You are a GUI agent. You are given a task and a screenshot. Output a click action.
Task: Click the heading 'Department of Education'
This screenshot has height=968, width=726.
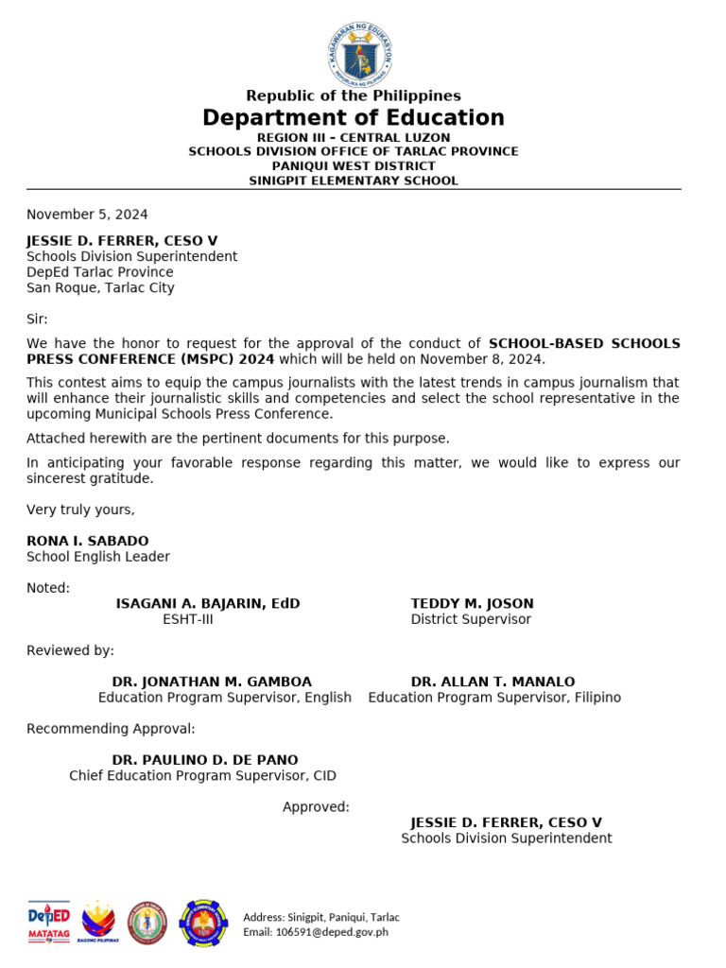[353, 118]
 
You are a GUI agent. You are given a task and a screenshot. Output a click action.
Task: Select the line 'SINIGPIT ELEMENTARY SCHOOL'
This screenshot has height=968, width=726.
[353, 181]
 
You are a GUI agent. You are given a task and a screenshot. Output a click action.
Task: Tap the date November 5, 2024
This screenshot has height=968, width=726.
[87, 215]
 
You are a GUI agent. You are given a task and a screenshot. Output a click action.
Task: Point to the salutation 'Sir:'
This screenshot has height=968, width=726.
[37, 319]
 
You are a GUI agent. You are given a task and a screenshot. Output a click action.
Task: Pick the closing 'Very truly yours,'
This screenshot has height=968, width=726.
[80, 510]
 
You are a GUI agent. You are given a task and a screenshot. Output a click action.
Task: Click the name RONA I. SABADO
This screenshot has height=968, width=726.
[87, 541]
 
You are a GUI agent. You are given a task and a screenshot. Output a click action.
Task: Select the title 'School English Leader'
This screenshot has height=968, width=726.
[98, 557]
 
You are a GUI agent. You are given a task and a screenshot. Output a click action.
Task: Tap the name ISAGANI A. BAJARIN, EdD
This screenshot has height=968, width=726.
[208, 603]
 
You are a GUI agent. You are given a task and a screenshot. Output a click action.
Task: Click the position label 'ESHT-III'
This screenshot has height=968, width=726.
[188, 619]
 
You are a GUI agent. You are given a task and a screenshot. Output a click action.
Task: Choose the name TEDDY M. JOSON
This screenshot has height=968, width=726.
[472, 603]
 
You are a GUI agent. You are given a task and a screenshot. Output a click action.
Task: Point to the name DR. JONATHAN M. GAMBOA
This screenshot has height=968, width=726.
[212, 682]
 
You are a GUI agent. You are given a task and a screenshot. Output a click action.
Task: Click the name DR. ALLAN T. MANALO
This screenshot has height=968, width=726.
[493, 682]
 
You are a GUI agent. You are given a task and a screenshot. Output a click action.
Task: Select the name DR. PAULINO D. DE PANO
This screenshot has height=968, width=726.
[205, 760]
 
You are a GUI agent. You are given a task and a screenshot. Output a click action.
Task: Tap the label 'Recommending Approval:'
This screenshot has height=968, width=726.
[111, 729]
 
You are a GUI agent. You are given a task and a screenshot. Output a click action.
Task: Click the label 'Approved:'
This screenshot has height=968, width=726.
[316, 807]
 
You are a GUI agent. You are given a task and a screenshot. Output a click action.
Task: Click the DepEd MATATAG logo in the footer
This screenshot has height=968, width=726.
[48, 922]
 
